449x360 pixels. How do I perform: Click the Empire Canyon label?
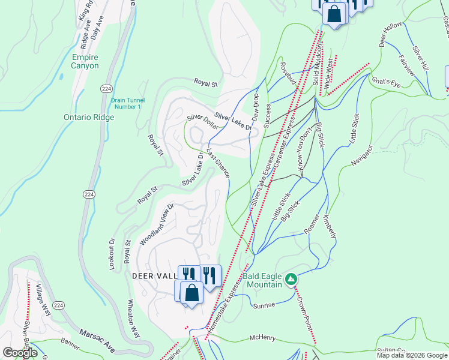85,61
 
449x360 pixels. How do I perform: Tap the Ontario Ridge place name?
89,118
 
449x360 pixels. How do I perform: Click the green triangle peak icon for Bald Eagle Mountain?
291,279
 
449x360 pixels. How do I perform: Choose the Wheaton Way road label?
135,320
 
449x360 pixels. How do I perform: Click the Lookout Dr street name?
112,255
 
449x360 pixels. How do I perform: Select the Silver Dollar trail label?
202,122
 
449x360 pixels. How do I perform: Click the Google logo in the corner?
20,353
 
